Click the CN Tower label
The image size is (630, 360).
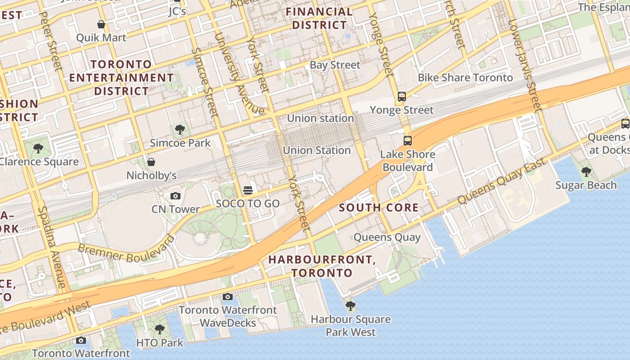click(x=175, y=209)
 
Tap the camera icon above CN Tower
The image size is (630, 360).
click(x=175, y=196)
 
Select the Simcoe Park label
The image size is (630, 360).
click(x=180, y=143)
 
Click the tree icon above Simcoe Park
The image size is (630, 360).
click(x=180, y=130)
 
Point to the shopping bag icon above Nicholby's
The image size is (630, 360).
click(x=151, y=162)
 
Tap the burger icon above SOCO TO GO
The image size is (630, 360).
click(x=247, y=190)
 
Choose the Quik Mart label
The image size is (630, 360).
click(x=101, y=37)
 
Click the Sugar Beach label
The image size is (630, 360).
click(x=586, y=185)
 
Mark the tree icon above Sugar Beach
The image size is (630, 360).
click(x=586, y=171)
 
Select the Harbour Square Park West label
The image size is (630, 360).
click(x=351, y=326)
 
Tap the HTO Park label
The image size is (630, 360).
click(x=160, y=343)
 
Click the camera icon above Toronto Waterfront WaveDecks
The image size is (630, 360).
click(x=228, y=297)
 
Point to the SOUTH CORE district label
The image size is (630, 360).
click(x=378, y=208)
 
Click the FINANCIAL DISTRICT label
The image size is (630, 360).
click(x=319, y=18)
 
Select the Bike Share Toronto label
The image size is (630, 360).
click(x=465, y=78)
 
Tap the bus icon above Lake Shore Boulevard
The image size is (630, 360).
click(x=407, y=141)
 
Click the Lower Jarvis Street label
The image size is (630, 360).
click(x=524, y=65)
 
